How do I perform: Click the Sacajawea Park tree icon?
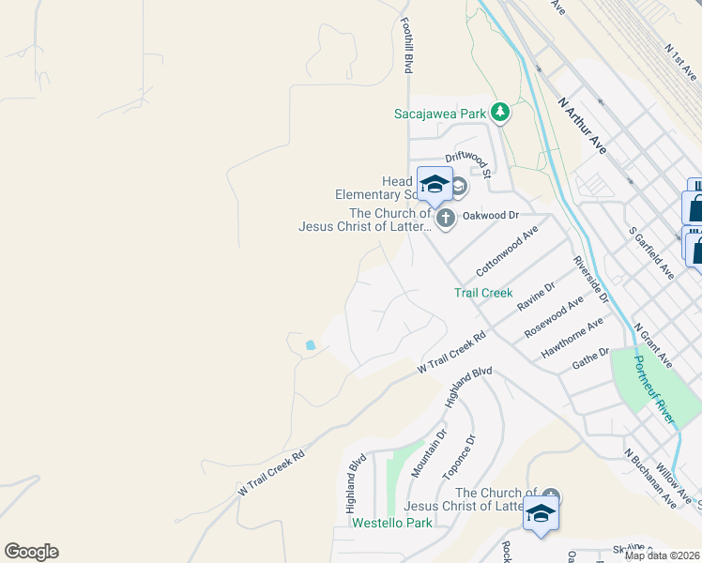pyautogui.click(x=501, y=114)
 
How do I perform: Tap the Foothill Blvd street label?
pyautogui.click(x=407, y=46)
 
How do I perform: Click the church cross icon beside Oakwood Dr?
pyautogui.click(x=446, y=219)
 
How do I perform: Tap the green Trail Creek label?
pyautogui.click(x=483, y=293)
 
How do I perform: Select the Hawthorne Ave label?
pyautogui.click(x=572, y=339)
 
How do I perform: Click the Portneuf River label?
pyautogui.click(x=654, y=389)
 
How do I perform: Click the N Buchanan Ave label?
pyautogui.click(x=650, y=478)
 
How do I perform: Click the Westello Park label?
pyautogui.click(x=392, y=523)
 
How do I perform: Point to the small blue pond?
pyautogui.click(x=310, y=345)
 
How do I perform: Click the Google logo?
pyautogui.click(x=31, y=552)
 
